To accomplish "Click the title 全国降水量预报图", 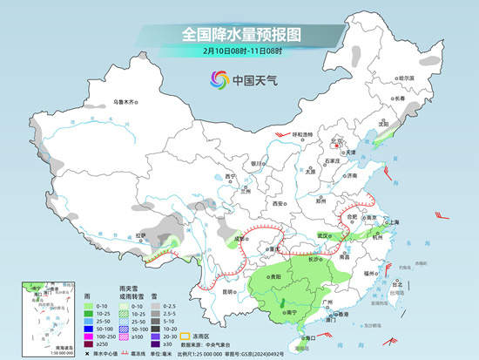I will coord(240,34).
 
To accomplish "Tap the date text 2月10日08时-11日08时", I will coord(240,53).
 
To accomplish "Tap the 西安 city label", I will coord(279,202).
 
